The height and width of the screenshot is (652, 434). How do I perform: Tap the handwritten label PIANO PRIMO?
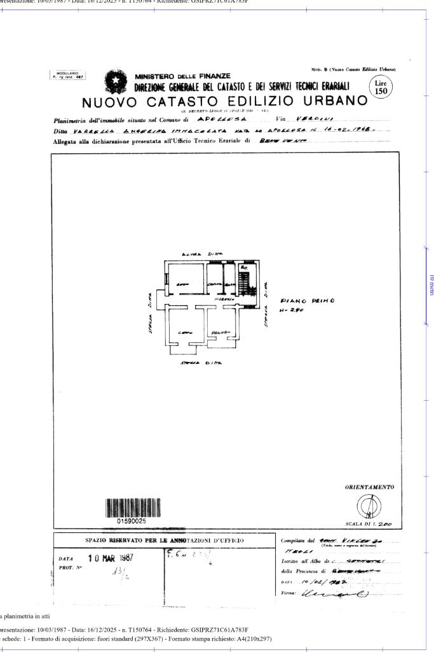[301, 302]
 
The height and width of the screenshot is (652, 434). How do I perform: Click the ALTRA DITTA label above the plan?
[200, 253]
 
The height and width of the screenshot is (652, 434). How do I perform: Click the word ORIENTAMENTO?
[369, 487]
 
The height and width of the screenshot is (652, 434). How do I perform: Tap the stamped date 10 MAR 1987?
[106, 558]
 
